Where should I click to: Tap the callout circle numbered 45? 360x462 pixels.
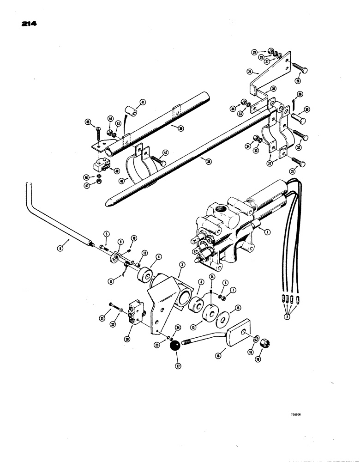(87, 122)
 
